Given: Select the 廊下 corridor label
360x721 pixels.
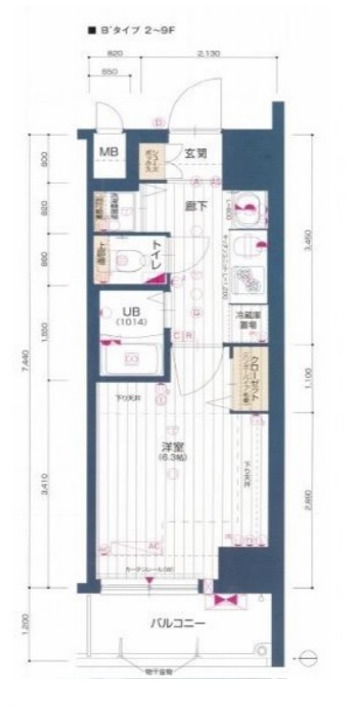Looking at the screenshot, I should click(195, 203).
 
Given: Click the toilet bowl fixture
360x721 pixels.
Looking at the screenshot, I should click(129, 256).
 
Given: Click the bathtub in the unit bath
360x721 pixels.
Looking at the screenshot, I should click(132, 359).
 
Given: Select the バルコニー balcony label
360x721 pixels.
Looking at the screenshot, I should click(180, 623).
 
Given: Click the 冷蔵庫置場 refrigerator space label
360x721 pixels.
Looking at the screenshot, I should click(245, 320).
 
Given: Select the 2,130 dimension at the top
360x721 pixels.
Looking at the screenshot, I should click(206, 56).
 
